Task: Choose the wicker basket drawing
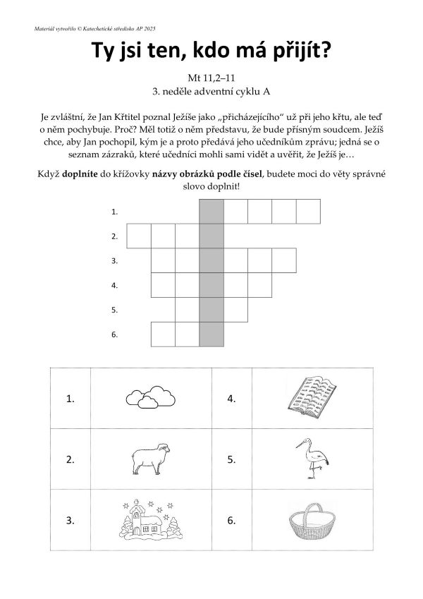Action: pos(312,523)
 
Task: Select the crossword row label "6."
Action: pos(114,334)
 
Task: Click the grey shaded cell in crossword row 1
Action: pos(211,211)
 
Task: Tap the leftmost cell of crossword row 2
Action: pos(139,236)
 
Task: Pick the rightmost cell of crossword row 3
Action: pos(283,260)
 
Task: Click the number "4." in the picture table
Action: pos(231,399)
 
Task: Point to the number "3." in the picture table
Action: pos(70,522)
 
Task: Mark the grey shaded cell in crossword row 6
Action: pos(211,334)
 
